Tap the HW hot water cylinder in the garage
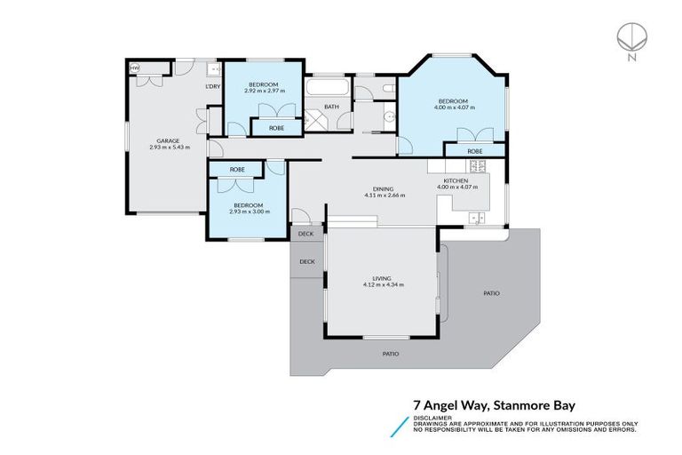135,68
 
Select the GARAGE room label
169,140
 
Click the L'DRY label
212,86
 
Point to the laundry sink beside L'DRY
213,68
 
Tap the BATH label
330,108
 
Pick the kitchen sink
477,217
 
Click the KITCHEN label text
456,180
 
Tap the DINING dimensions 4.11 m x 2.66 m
384,196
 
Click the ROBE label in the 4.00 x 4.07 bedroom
476,151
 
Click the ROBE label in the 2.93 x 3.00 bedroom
237,169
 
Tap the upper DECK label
306,235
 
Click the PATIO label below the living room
390,354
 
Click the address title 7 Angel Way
454,403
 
